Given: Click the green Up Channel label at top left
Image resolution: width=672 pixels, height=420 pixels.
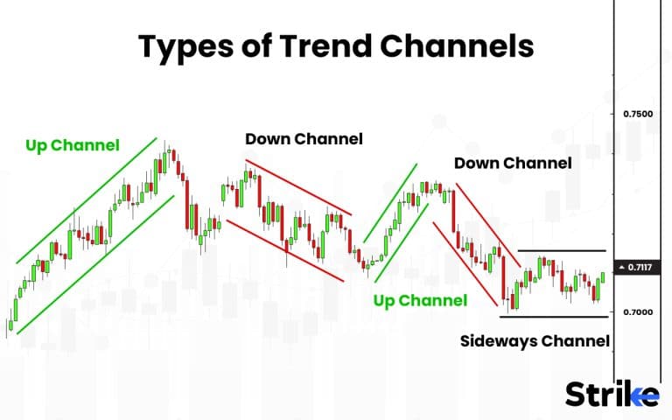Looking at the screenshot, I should click(72, 145).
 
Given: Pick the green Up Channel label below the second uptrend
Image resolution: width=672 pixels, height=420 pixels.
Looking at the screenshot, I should click(420, 301).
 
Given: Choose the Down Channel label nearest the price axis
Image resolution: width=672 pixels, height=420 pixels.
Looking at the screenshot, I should click(513, 163).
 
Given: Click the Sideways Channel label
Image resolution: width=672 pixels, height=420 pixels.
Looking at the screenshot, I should click(535, 340).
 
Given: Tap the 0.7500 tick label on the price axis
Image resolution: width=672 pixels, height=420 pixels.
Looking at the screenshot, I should click(638, 115).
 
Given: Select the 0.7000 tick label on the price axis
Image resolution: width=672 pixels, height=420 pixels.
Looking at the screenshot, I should click(638, 312).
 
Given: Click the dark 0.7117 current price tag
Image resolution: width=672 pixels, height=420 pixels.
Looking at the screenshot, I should click(639, 267).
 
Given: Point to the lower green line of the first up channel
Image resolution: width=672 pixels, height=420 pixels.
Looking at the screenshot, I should click(96, 263).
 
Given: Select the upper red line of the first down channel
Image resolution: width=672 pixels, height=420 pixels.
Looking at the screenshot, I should click(298, 187).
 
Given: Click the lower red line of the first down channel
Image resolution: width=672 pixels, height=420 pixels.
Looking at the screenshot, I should click(284, 250).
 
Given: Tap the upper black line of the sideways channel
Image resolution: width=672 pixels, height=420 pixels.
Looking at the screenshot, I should click(561, 251).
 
